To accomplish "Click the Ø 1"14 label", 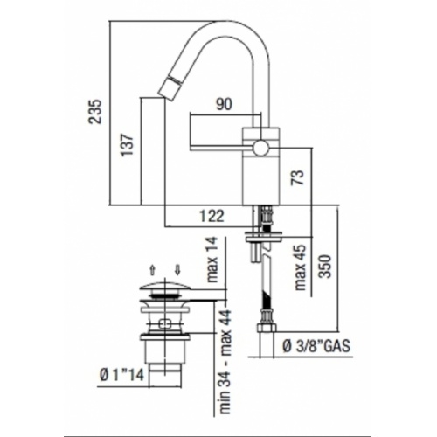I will (118, 377).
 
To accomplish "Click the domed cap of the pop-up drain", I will (165, 287).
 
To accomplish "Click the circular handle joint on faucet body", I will (260, 146).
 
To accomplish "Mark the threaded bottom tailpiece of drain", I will (165, 376).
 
